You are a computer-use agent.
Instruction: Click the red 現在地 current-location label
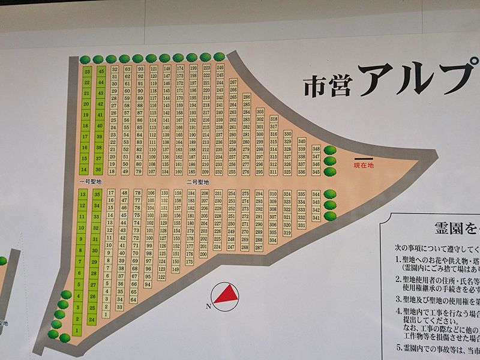pos(364,164)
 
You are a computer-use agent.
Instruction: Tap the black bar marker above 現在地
pos(364,158)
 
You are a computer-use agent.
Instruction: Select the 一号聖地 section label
pos(91,181)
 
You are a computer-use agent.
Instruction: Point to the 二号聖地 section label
pos(197,181)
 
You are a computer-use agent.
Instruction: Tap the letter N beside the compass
pos(208,307)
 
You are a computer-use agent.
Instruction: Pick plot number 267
pos(233,82)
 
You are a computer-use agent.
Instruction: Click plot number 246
pos(220,68)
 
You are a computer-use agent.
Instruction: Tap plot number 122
pos(161,277)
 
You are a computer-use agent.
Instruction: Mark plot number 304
pos(273,240)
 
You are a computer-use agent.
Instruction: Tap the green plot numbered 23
pos(87,71)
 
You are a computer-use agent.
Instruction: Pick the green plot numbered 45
pos(101,71)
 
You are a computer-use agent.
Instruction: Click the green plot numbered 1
pos(77,331)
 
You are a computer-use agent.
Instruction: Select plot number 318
pos(273,119)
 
